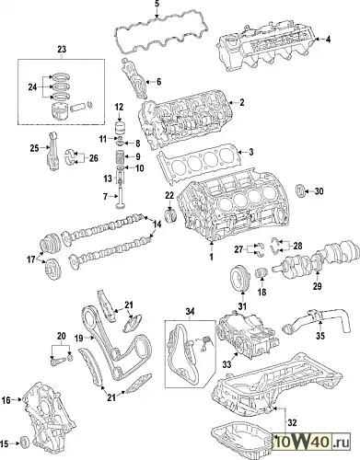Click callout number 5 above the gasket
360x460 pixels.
[x=157, y=5]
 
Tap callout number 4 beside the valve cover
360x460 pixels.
[x=328, y=40]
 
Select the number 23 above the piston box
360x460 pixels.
[x=62, y=49]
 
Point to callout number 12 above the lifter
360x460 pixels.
[x=119, y=107]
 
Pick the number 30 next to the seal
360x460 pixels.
[x=319, y=191]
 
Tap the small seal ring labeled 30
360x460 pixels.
[x=299, y=190]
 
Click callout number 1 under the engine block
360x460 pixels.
[x=211, y=257]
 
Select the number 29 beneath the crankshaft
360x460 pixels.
[x=318, y=286]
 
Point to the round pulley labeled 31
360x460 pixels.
[x=239, y=278]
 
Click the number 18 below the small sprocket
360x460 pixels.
[x=261, y=292]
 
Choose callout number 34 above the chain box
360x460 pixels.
[x=190, y=312]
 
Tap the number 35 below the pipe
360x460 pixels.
[x=320, y=336]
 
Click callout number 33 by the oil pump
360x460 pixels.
[x=226, y=364]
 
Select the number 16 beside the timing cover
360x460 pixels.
[x=6, y=400]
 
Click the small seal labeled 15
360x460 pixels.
[x=24, y=442]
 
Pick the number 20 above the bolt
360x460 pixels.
[x=62, y=337]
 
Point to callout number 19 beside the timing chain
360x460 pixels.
[x=79, y=339]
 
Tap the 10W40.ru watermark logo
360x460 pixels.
[x=312, y=443]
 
